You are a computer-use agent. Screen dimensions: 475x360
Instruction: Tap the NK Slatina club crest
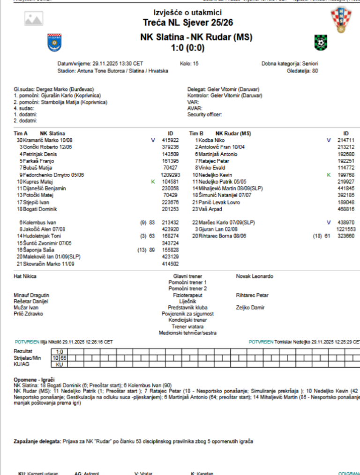[x=55, y=43]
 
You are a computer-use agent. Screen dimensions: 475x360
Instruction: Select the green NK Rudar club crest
[x=321, y=43]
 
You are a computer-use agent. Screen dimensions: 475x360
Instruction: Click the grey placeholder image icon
[x=34, y=18]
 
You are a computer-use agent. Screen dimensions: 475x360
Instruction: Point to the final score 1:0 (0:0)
[x=187, y=47]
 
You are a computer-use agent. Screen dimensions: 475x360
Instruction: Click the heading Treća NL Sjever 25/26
[x=187, y=22]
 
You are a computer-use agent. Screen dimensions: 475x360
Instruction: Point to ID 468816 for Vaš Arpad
[x=345, y=209]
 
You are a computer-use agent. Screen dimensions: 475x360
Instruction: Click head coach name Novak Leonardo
[x=255, y=276]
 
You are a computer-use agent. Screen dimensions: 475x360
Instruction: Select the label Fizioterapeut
[x=187, y=296]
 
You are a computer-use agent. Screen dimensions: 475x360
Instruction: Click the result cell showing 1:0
[x=60, y=351]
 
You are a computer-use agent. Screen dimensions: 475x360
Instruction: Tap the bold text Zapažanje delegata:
[x=37, y=441]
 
